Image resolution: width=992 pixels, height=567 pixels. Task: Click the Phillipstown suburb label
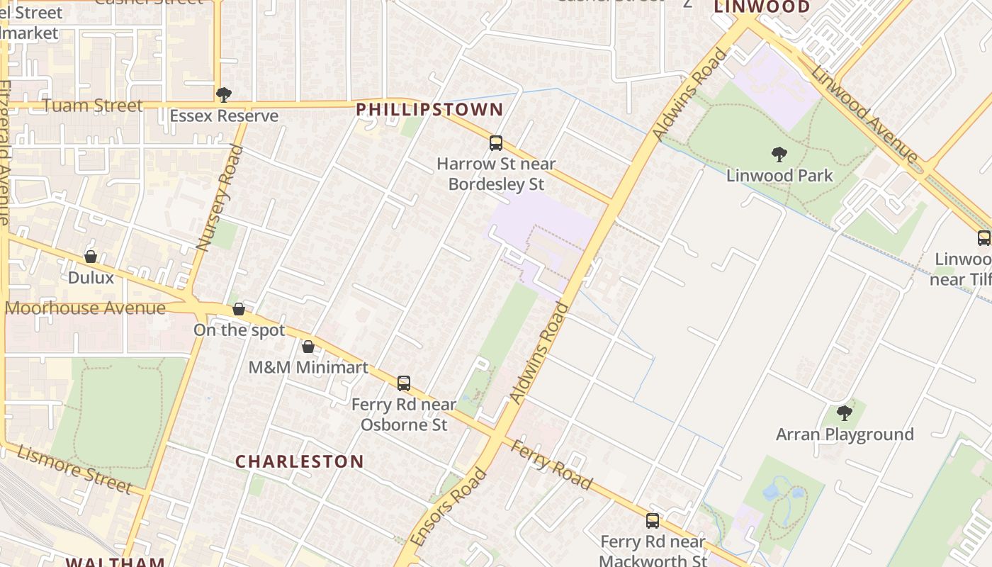[x=429, y=110]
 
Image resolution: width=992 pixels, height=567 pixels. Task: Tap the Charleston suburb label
[x=299, y=461]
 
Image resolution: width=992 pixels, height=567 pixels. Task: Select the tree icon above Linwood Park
[x=779, y=155]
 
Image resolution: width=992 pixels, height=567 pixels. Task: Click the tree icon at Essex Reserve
[x=224, y=94]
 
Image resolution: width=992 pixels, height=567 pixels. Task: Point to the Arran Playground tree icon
[x=844, y=412]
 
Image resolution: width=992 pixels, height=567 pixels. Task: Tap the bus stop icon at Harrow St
[x=496, y=143]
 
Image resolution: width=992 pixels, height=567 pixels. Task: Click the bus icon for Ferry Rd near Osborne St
[x=404, y=383]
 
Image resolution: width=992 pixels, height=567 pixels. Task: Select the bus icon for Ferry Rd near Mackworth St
[x=653, y=521]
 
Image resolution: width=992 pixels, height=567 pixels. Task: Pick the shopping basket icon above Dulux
[x=91, y=257]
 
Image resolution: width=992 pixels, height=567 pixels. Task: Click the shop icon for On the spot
[x=239, y=310]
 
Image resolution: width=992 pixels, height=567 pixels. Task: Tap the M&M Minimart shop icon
[x=308, y=347]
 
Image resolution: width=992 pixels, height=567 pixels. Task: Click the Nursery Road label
[x=220, y=198]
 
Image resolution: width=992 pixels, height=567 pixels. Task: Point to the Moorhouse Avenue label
[x=85, y=308]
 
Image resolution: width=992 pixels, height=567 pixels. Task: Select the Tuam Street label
[x=93, y=106]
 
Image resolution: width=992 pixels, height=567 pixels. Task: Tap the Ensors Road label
[x=449, y=507]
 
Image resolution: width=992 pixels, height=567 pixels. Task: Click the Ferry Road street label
[x=551, y=465]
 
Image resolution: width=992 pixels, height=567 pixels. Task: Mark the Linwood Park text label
[x=779, y=175]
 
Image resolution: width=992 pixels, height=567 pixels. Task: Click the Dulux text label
[x=91, y=277]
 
